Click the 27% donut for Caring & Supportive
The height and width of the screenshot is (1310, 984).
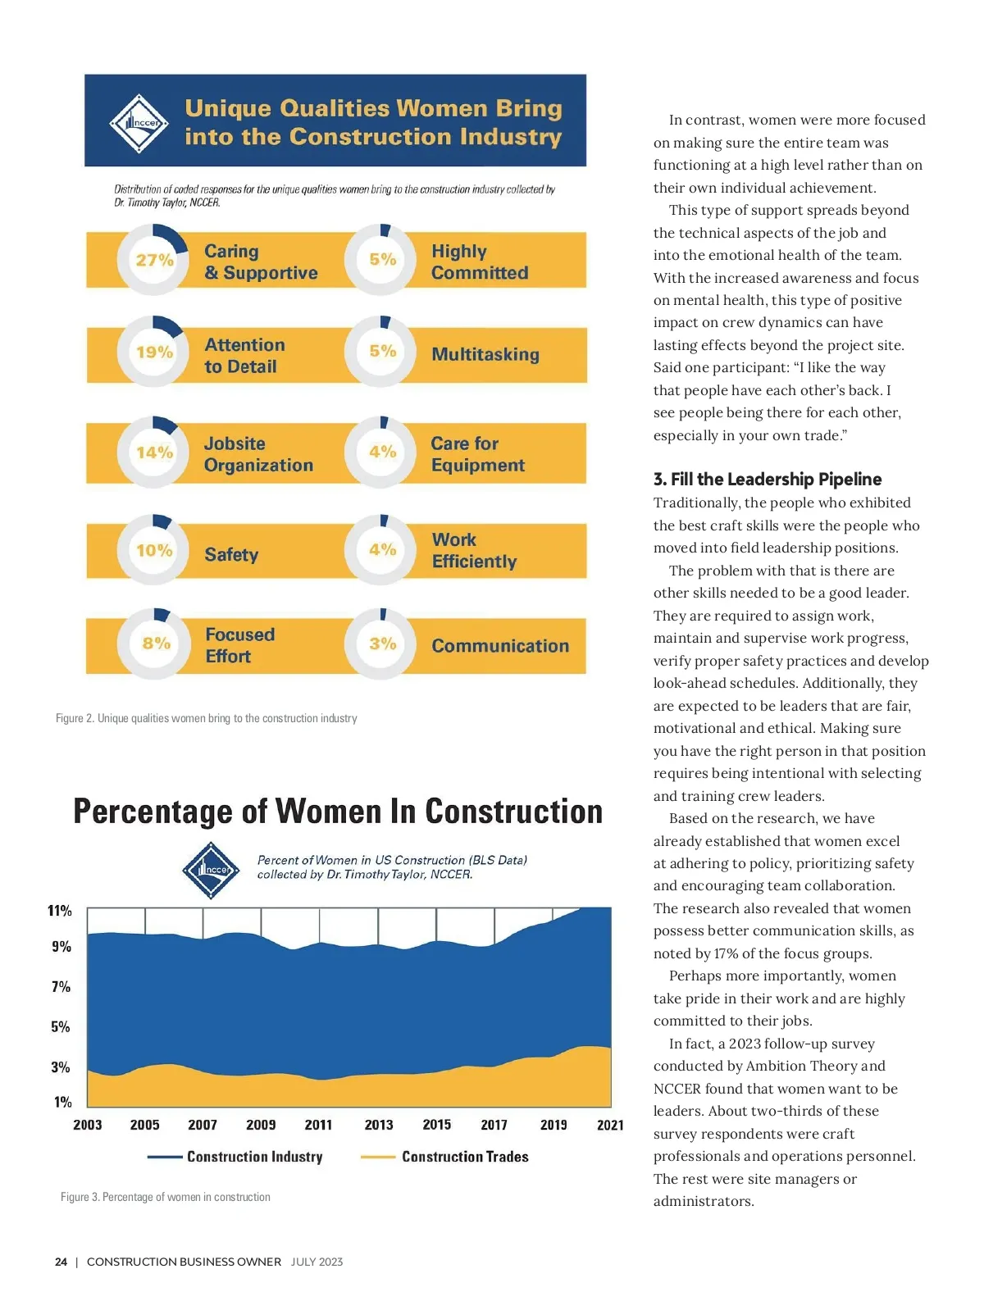(x=154, y=260)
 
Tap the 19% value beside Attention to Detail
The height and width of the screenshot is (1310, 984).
(x=154, y=352)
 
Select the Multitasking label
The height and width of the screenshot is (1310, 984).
(x=485, y=354)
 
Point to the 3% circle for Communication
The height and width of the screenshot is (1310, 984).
(x=382, y=644)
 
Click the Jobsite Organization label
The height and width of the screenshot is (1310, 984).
(x=258, y=454)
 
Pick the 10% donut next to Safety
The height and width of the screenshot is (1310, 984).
(x=154, y=550)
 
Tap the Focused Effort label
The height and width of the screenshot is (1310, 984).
(x=239, y=645)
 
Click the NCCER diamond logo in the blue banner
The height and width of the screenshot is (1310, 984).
(x=139, y=123)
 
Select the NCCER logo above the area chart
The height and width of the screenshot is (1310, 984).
(x=212, y=870)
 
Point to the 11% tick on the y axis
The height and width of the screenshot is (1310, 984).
(x=60, y=911)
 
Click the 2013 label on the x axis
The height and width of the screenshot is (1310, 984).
(x=379, y=1125)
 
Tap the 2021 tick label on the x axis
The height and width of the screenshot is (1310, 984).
(x=610, y=1125)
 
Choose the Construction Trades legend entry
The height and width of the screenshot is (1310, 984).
(x=464, y=1157)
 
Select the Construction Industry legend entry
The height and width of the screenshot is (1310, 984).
(x=254, y=1157)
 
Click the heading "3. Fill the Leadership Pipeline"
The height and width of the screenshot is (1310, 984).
(x=768, y=480)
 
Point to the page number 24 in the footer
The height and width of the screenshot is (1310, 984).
(x=61, y=1262)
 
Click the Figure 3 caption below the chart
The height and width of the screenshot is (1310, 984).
(x=165, y=1197)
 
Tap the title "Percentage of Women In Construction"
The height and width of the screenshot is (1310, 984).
(x=338, y=812)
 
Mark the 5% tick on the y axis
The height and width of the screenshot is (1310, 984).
(x=61, y=1026)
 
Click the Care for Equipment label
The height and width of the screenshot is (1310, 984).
(x=477, y=454)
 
